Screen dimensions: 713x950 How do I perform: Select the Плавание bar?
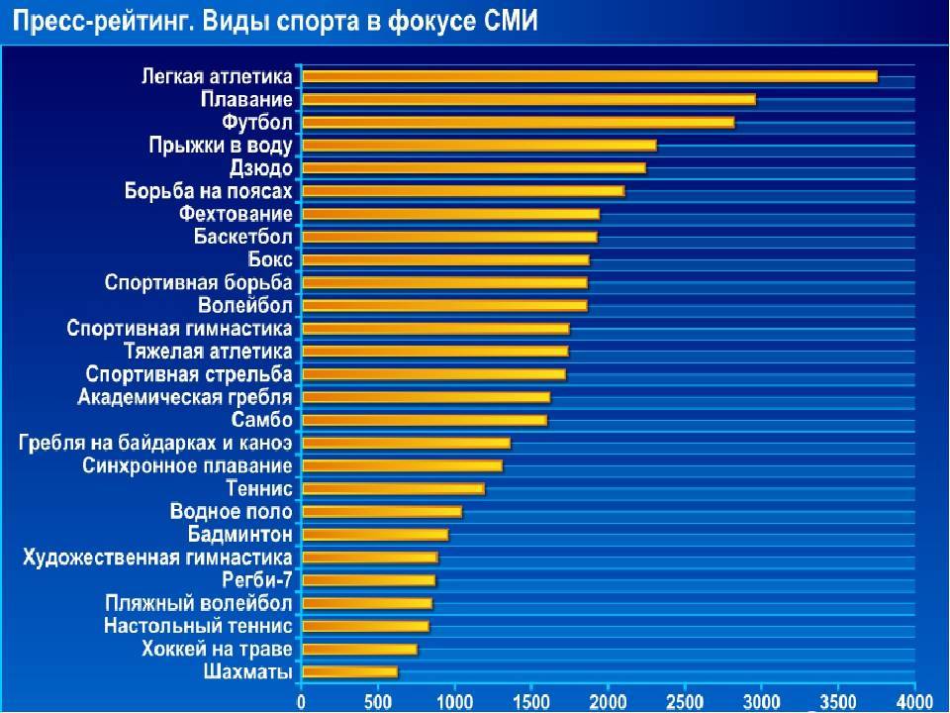[528, 99]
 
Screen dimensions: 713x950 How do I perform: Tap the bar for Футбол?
[518, 122]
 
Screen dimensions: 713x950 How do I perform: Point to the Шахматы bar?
[349, 672]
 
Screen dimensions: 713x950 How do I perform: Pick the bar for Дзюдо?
[473, 167]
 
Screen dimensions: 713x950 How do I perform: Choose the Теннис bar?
[393, 488]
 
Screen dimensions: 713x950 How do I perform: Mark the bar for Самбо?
[424, 420]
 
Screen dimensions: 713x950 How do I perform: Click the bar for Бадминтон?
[375, 535]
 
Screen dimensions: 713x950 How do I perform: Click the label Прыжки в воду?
[221, 146]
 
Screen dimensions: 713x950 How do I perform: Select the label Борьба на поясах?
[208, 191]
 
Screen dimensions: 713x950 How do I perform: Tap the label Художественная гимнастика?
[157, 557]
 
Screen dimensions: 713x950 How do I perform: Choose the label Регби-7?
[257, 579]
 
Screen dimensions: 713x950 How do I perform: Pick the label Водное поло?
[231, 512]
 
